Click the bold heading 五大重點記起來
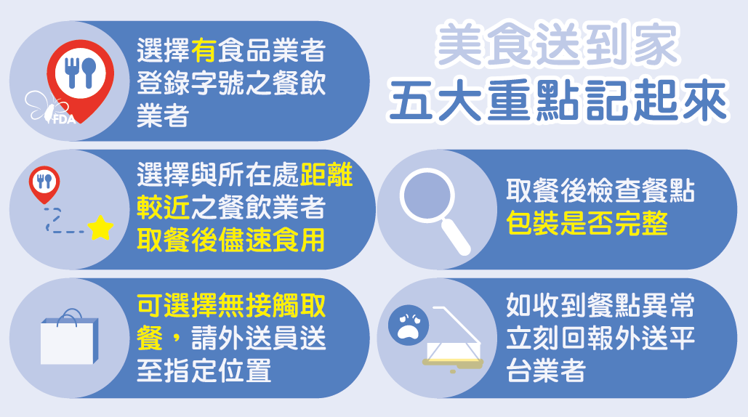(558, 101)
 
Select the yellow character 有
(204, 50)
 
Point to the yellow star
(100, 228)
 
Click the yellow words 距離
(326, 174)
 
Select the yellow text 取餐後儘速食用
(231, 240)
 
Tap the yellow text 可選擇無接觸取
(231, 305)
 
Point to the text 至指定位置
(204, 371)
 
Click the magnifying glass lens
(426, 196)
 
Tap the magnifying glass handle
(456, 237)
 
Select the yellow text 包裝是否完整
(587, 223)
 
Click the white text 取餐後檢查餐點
(600, 190)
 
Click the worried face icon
(409, 325)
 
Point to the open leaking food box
(453, 339)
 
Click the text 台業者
(546, 371)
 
